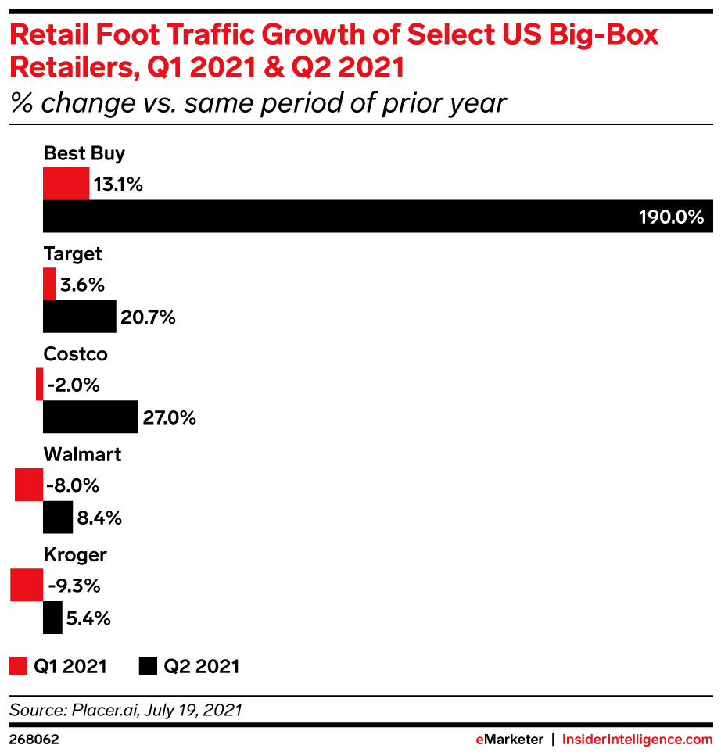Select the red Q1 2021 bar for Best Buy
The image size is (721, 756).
coord(66,185)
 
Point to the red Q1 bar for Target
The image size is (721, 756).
coord(49,285)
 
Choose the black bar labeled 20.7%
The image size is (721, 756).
coord(79,317)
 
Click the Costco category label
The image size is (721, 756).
coord(75,354)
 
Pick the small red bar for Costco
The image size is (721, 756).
coord(39,385)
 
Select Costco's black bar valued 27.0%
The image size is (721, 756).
coord(90,417)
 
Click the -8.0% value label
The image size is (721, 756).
coord(73,485)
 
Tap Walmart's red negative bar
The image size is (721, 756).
coord(29,485)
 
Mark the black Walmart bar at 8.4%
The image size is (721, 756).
coord(57,517)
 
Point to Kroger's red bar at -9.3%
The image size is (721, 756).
coord(26,586)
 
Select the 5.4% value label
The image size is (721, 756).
coord(88,618)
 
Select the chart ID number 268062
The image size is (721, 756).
coord(34,739)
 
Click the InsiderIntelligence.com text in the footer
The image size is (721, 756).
coord(638,739)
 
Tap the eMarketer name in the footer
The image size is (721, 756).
coord(509,739)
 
